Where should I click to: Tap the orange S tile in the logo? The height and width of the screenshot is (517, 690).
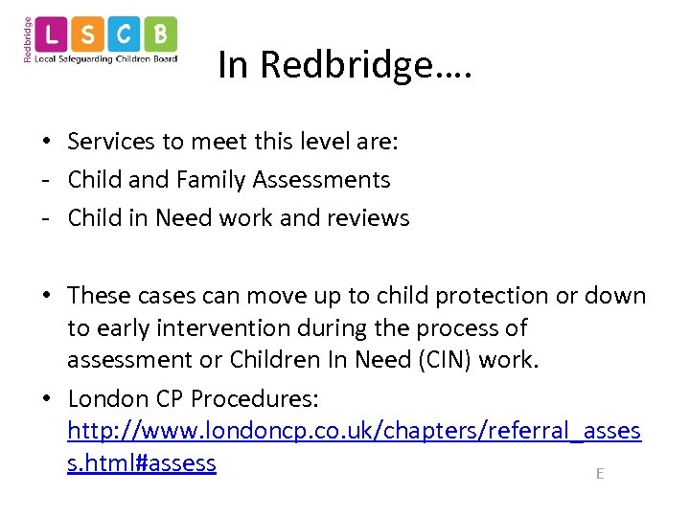[89, 36]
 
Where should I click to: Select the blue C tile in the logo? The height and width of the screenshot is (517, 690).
[125, 36]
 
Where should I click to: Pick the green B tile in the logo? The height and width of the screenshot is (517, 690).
[160, 36]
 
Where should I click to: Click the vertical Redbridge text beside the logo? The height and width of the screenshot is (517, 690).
[28, 39]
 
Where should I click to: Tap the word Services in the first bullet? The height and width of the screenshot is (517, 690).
[110, 142]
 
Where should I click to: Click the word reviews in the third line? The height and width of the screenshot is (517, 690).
[368, 218]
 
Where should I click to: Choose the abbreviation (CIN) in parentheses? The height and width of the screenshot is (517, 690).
[408, 361]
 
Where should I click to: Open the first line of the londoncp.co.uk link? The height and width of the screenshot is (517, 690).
[354, 432]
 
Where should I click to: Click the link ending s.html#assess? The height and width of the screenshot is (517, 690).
[142, 463]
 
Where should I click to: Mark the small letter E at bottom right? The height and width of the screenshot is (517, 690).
[600, 473]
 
